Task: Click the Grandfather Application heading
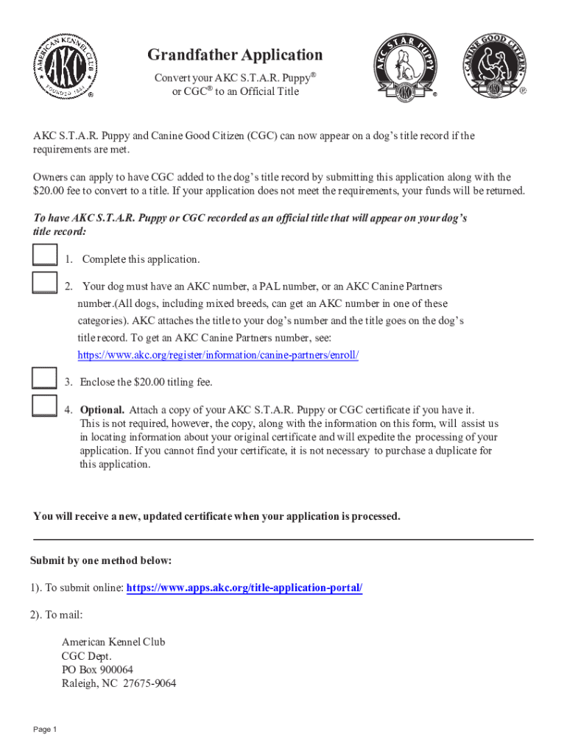pos(235,55)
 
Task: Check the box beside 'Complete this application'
pos(44,254)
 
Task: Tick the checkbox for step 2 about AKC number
pos(44,283)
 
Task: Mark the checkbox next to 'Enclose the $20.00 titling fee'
pos(44,377)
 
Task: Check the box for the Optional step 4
pos(44,406)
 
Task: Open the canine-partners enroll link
pos(218,355)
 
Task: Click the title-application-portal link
pos(244,588)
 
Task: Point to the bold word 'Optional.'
pos(102,409)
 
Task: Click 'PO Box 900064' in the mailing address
pos(97,669)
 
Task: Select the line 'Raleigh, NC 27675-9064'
pos(119,683)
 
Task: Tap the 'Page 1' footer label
pos(45,729)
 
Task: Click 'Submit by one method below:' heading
pos(101,560)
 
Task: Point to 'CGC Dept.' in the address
pos(86,655)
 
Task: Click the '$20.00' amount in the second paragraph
pos(49,191)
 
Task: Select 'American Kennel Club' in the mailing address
pos(113,641)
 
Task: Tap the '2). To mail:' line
pos(57,615)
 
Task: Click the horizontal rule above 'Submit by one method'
pos(283,540)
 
